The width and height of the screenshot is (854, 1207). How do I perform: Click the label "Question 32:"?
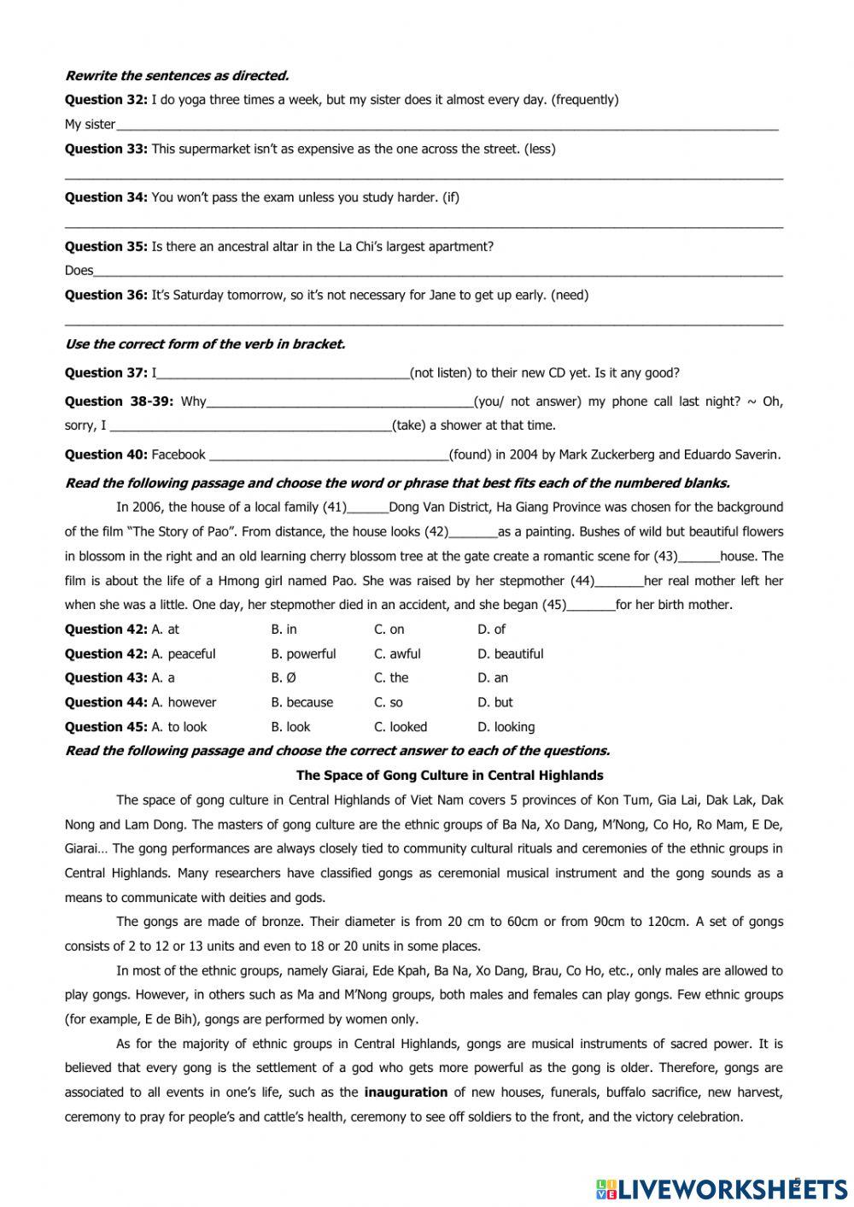pyautogui.click(x=106, y=100)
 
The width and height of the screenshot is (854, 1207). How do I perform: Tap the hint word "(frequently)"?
pyautogui.click(x=585, y=100)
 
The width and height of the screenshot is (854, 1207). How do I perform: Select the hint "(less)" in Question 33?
pyautogui.click(x=540, y=149)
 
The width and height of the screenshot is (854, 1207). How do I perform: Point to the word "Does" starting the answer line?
pyautogui.click(x=79, y=271)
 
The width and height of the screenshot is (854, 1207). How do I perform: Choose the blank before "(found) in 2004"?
pyautogui.click(x=329, y=455)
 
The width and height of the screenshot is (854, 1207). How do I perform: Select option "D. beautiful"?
pyautogui.click(x=510, y=654)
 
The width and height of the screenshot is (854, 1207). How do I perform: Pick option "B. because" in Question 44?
pyautogui.click(x=301, y=703)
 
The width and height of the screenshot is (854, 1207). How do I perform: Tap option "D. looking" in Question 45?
pyautogui.click(x=506, y=728)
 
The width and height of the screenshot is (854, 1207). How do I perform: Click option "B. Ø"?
pyautogui.click(x=284, y=678)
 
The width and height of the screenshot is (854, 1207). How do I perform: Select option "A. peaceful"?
pyautogui.click(x=183, y=654)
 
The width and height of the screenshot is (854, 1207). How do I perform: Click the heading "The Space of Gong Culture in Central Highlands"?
pyautogui.click(x=449, y=776)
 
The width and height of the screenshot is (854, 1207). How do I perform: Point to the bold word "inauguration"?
pyautogui.click(x=406, y=1093)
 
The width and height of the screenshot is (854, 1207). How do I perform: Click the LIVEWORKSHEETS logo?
pyautogui.click(x=722, y=1188)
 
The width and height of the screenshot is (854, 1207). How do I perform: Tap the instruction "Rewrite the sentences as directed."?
pyautogui.click(x=177, y=75)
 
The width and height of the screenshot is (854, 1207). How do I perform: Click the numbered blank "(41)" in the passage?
pyautogui.click(x=335, y=507)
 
